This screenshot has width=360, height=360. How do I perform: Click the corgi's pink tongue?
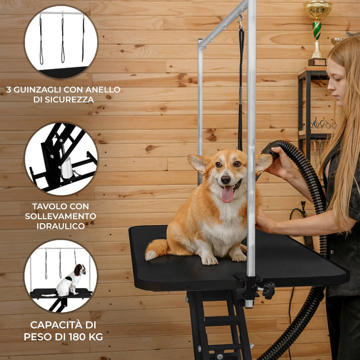pyautogui.click(x=227, y=194)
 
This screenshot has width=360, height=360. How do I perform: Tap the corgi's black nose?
pyautogui.click(x=226, y=179)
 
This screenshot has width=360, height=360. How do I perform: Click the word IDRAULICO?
pyautogui.click(x=61, y=225)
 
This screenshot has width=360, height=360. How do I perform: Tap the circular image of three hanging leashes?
pyautogui.click(x=61, y=41)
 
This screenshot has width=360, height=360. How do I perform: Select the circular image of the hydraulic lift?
pyautogui.click(x=61, y=158)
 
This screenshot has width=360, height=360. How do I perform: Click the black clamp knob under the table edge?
pyautogui.click(x=268, y=291)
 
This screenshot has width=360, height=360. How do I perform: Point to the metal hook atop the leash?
pyautogui.click(x=240, y=22)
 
